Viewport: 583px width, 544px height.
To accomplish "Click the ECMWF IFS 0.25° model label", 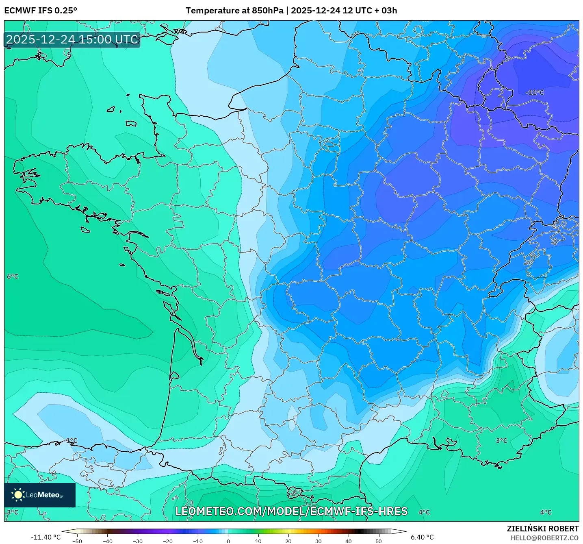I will pos(41,11).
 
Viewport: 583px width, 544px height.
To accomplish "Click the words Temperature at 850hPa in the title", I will pos(234,11).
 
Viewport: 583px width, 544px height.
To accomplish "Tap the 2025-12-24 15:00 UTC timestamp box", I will pos(72,39).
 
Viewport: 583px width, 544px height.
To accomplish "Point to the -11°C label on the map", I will pos(534,93).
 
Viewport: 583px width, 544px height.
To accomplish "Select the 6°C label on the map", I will pos(13,276).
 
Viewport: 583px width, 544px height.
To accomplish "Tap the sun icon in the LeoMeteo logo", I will pos(18,494).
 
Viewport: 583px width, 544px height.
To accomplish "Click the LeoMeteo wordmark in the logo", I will pos(43,495).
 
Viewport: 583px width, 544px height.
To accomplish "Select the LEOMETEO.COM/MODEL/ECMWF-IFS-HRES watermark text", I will pos(291,511).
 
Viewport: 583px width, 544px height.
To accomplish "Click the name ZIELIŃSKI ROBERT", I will pos(542,529).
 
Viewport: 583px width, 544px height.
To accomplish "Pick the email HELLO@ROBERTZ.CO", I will pos(544,538).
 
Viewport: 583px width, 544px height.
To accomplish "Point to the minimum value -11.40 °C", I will pos(46,537).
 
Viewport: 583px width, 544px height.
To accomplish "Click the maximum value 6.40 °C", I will pos(422,537).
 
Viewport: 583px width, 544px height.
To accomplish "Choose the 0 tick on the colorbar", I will pos(228,541).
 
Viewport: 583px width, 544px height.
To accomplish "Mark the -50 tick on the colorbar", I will pos(77,541).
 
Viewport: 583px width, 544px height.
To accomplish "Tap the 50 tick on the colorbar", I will pos(379,541).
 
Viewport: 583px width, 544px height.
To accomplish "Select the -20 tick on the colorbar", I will pos(168,541).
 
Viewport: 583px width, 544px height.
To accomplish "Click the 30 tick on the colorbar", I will pos(319,541).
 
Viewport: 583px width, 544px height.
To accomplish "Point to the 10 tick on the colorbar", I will pos(258,541).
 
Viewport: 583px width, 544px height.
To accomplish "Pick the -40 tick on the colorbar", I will pos(108,541).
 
